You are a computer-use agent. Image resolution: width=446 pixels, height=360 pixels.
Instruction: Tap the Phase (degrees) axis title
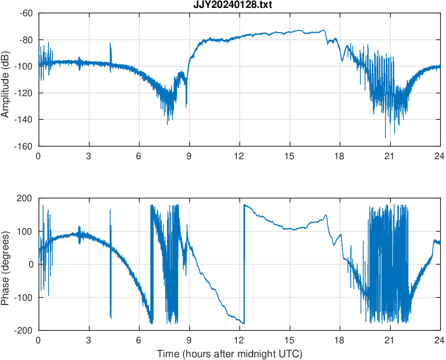tap(6, 264)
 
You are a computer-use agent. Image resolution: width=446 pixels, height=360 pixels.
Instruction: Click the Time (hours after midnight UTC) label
tap(229, 354)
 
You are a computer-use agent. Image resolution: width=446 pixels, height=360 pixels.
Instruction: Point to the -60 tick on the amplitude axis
tap(26, 13)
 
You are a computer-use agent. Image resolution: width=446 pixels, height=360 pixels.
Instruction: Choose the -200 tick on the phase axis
tap(25, 330)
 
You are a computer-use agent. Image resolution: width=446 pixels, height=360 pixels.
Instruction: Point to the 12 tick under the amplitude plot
tap(239, 156)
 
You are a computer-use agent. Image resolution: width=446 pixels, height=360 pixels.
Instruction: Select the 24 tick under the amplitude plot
tap(440, 156)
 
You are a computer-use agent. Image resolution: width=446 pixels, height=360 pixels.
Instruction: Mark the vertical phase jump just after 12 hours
tap(244, 264)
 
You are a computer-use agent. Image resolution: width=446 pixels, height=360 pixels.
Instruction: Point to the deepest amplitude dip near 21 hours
tap(385, 137)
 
